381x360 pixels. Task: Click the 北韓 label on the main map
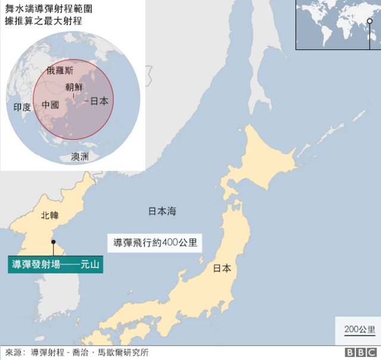coord(50,215)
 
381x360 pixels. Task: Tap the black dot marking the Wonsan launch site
coord(54,242)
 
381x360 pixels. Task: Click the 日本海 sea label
coord(162,211)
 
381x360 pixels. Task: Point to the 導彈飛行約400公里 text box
coord(155,243)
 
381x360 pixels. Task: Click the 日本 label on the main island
coord(222,268)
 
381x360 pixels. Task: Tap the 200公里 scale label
coord(360,329)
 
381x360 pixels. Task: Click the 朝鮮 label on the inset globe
coord(74,87)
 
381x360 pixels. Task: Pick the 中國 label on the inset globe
coord(50,105)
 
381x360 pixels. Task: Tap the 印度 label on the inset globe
coord(22,107)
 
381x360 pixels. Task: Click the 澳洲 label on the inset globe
coord(80,156)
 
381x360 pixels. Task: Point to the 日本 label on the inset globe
coord(100,101)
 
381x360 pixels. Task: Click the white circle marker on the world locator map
coord(370,23)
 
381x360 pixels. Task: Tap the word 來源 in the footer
coord(13,352)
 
